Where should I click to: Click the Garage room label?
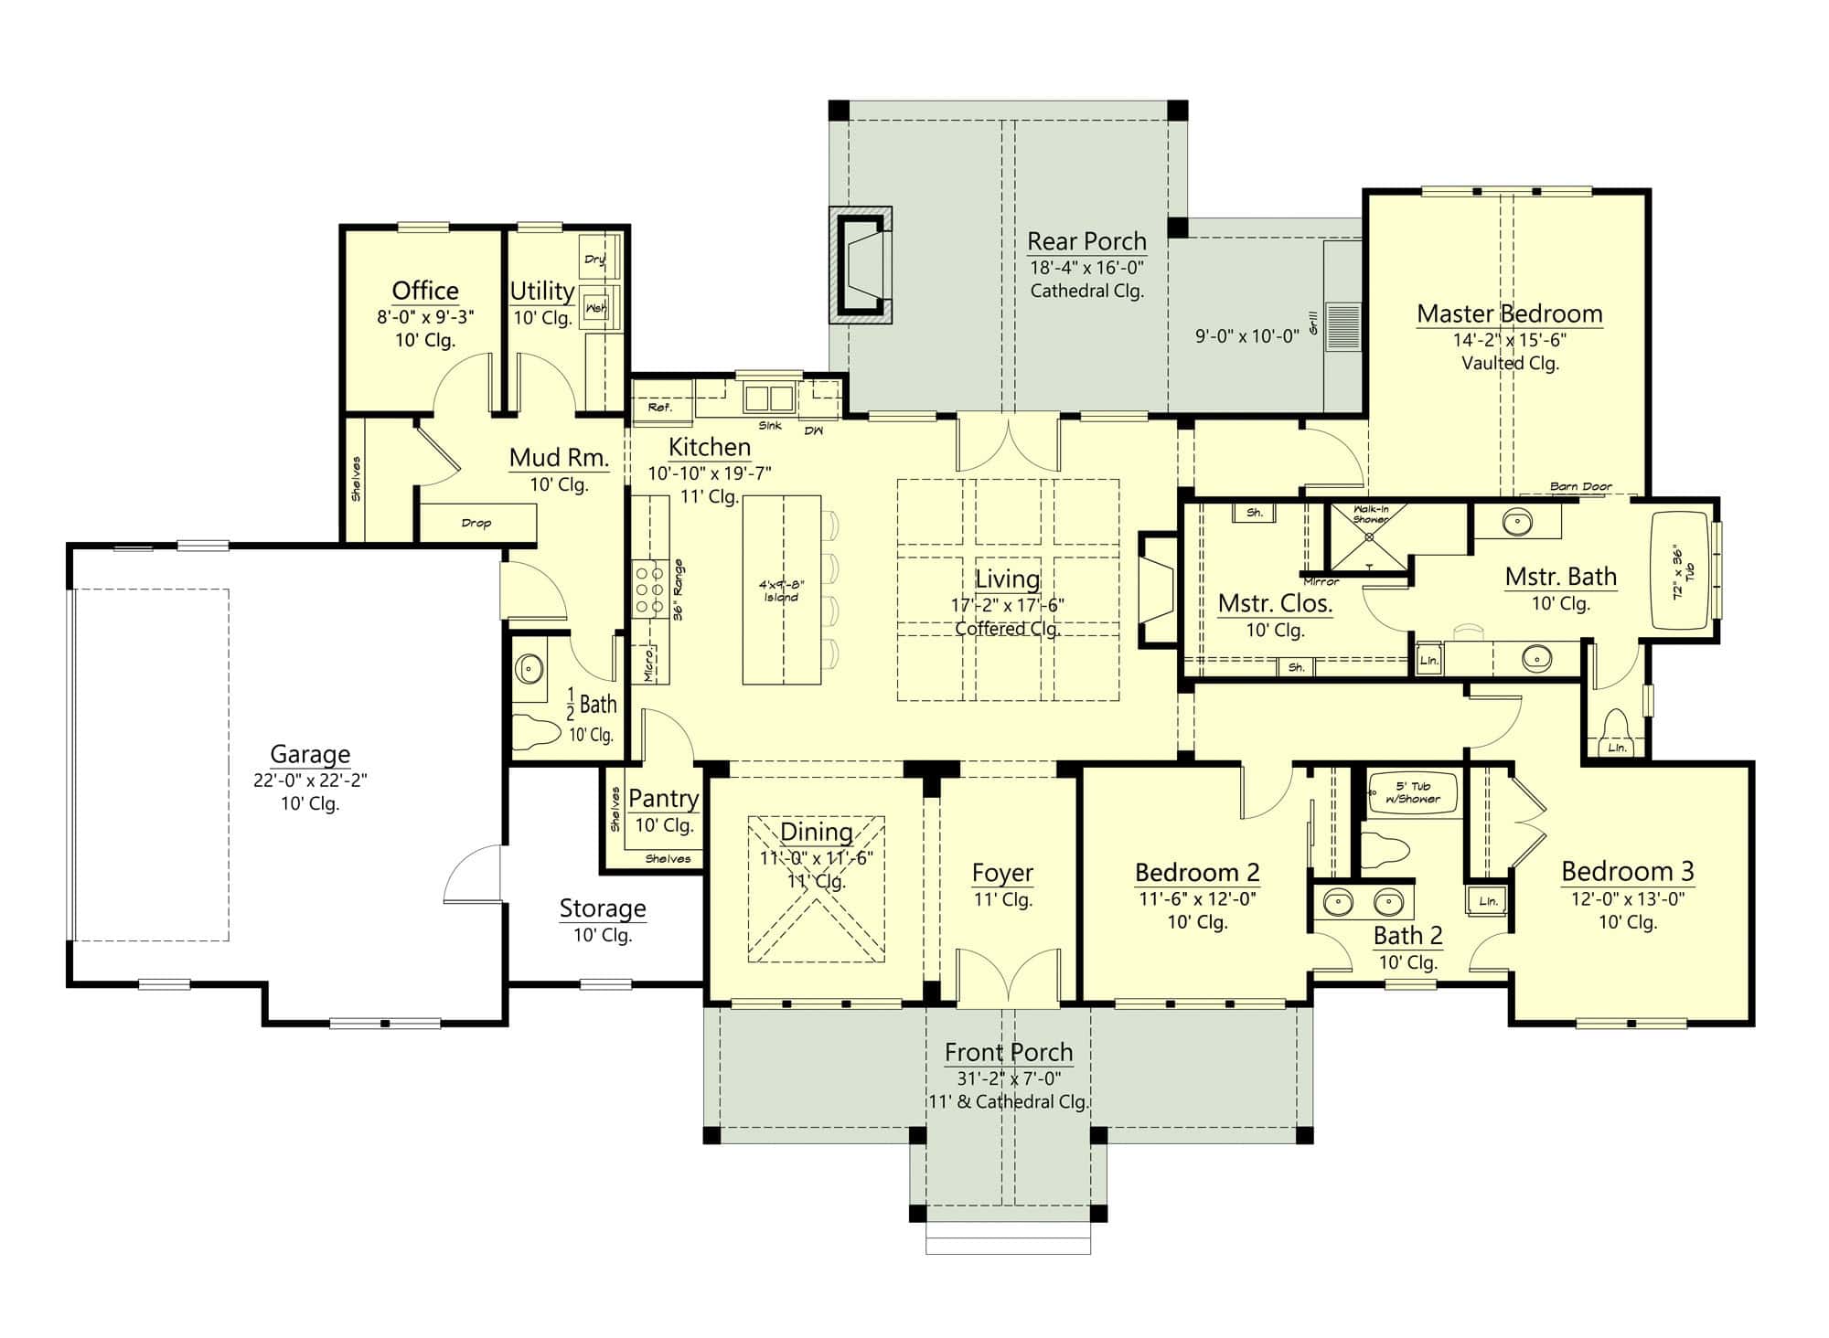coord(310,755)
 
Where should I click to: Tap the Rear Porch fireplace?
coord(861,265)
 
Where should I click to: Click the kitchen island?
coord(781,589)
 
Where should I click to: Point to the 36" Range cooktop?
coord(650,589)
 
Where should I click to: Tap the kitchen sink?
coord(768,398)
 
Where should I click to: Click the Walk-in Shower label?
coord(1369,514)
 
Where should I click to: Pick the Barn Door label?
coord(1580,486)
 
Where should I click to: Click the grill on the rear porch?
coord(1342,326)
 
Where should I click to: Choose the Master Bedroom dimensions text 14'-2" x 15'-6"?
coord(1509,340)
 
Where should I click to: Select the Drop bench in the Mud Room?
coord(476,523)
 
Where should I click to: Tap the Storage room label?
coord(602,908)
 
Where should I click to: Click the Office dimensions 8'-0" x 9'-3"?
coord(425,317)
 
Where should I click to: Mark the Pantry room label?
coord(663,798)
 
